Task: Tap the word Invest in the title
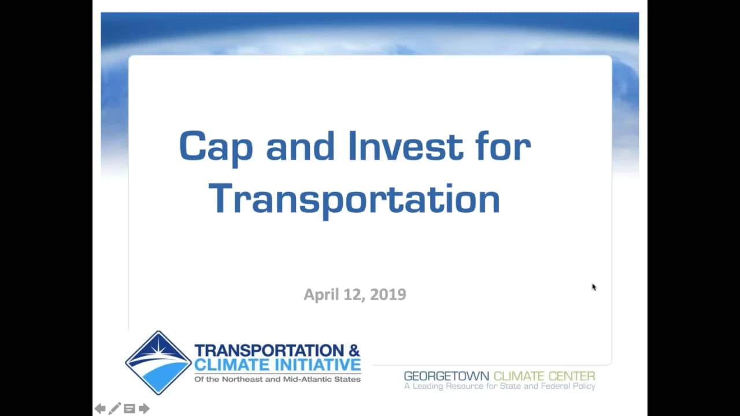tap(406, 146)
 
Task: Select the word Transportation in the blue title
tap(354, 200)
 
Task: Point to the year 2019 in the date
tap(388, 295)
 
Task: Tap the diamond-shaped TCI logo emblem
tap(158, 362)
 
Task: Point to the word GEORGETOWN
tap(446, 376)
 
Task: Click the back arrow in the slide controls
tap(100, 408)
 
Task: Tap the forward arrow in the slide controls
tap(144, 408)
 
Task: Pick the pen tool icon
tap(114, 408)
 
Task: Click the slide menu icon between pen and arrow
tap(129, 408)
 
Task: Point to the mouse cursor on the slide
tap(594, 287)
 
